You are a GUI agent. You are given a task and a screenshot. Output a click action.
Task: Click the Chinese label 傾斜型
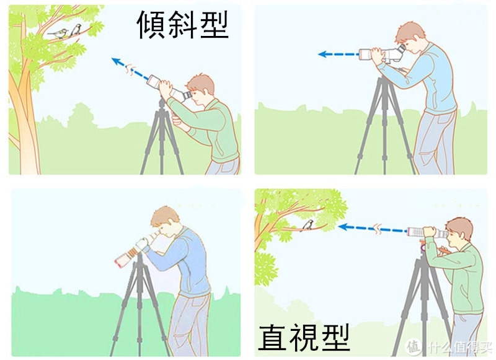[182, 25]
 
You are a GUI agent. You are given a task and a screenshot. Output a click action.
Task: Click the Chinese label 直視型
[304, 337]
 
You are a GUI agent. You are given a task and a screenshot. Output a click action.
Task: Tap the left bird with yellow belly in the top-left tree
[59, 33]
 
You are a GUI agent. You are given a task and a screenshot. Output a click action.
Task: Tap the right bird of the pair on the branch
[76, 30]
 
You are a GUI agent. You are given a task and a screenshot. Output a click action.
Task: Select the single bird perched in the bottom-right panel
[308, 225]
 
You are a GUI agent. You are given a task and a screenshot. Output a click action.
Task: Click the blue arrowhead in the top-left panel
[116, 61]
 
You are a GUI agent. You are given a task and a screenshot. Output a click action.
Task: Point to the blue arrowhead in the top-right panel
[322, 54]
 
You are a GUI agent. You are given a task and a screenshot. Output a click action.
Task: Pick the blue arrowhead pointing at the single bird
[343, 227]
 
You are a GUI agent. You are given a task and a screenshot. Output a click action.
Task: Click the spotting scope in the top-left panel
[169, 89]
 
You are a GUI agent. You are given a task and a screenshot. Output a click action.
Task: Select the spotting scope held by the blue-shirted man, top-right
[383, 55]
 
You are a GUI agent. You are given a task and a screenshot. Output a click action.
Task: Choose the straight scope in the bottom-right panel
[427, 232]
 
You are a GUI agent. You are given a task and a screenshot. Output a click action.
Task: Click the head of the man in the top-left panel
[200, 90]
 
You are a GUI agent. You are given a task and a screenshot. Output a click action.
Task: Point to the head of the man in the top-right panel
[410, 37]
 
